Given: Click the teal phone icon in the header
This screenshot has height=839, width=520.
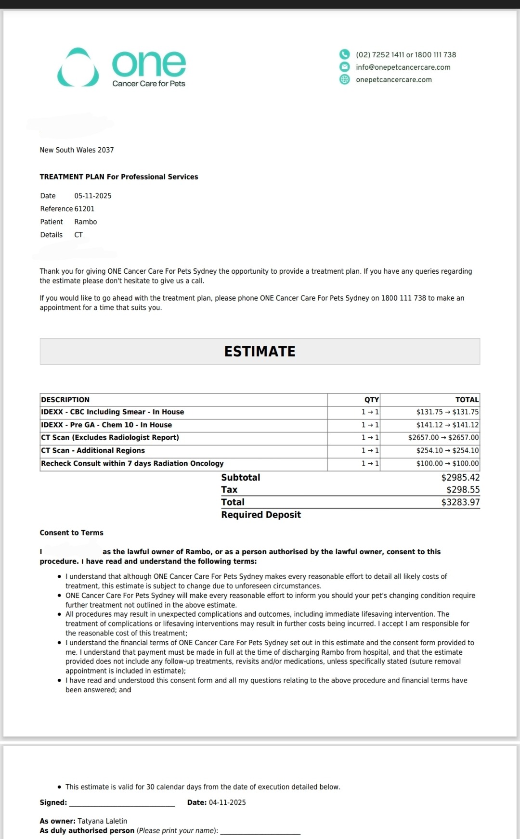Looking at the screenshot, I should point(345,54).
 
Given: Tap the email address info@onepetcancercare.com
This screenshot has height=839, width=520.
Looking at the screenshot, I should point(403,67).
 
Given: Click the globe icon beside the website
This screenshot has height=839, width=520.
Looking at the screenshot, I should point(345,79).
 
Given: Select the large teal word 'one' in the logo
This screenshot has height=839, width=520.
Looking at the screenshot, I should point(149,64).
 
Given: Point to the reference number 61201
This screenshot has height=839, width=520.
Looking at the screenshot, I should point(84,209).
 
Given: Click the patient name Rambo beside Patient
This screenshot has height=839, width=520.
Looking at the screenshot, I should point(86,222).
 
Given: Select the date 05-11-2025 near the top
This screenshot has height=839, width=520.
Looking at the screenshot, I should point(93,196).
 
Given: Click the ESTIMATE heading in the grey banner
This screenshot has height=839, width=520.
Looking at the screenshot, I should point(260,352).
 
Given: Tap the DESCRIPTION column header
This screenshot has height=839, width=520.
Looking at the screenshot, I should point(65,400).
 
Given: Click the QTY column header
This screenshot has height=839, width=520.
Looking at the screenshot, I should point(371,400).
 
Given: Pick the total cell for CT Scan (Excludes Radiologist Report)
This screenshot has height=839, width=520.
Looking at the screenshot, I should point(443,438).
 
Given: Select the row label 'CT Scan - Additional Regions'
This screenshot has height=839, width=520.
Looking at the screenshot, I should point(93,451).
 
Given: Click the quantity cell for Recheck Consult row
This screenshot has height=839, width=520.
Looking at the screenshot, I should point(370,464).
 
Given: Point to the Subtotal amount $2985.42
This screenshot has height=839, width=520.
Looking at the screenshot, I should point(460,478).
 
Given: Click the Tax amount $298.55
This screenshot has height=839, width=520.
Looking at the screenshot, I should point(463,490).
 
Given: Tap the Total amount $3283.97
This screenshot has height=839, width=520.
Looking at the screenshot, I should point(460,502).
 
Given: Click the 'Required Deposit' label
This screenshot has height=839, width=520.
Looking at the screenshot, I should point(261,515).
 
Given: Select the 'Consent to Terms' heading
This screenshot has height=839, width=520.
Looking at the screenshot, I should point(72,533).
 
